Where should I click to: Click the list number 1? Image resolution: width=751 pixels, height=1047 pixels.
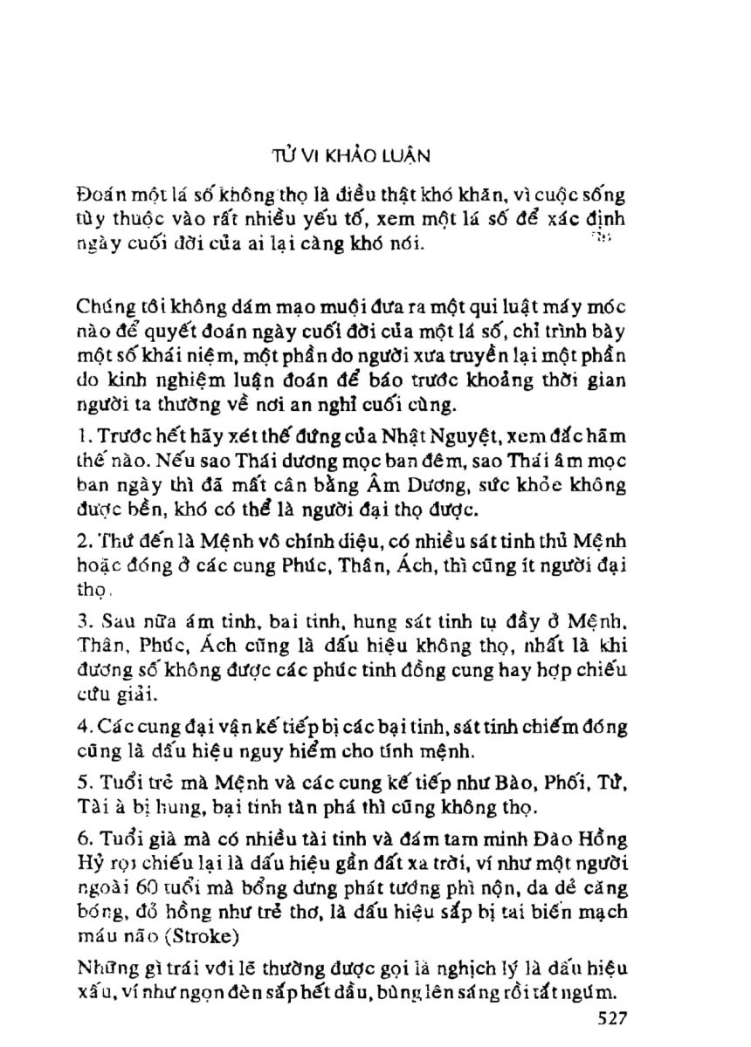(80, 435)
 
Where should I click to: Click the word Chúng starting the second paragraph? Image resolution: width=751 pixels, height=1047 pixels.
(104, 308)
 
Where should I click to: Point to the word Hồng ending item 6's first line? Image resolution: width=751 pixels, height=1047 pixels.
(603, 839)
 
